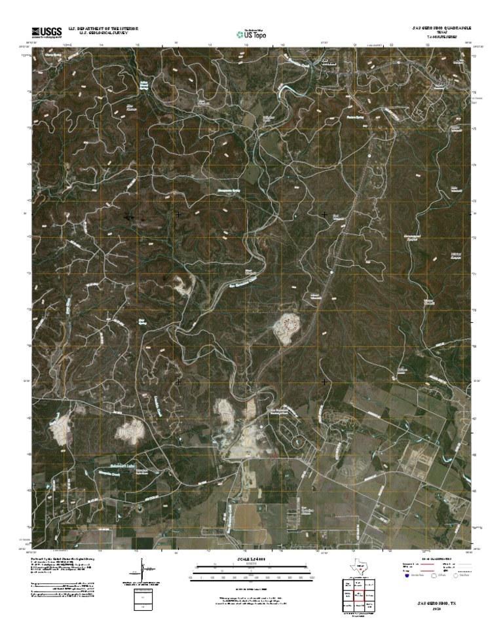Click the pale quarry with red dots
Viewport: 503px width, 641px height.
click(289, 326)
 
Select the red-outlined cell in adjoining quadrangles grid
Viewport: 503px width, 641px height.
click(356, 596)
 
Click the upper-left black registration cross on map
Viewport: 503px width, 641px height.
click(178, 214)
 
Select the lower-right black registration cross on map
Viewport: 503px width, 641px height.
click(325, 381)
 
